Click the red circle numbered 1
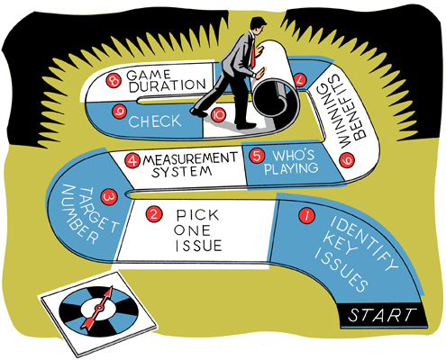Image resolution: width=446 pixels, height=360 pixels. tap(306, 216)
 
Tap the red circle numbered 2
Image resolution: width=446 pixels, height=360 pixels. tap(154, 214)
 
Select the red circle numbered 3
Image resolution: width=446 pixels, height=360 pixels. tap(109, 197)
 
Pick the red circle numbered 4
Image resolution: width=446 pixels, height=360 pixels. tap(132, 161)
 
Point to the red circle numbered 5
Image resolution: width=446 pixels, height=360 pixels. tap(257, 156)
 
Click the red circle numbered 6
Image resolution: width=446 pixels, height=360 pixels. tap(347, 160)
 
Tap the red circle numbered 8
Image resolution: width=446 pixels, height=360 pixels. tap(114, 80)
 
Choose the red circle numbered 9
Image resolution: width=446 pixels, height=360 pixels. tap(119, 112)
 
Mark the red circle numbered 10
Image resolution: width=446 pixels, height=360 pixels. tap(218, 114)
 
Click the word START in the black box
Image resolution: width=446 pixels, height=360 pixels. tap(381, 315)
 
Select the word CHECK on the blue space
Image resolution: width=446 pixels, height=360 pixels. tap(155, 121)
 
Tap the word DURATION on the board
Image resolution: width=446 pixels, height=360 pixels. tap(168, 85)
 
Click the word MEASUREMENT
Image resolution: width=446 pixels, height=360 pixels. tap(190, 159)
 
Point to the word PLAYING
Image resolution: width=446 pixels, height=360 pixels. tap(291, 168)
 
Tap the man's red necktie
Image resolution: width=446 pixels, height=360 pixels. tap(253, 55)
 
